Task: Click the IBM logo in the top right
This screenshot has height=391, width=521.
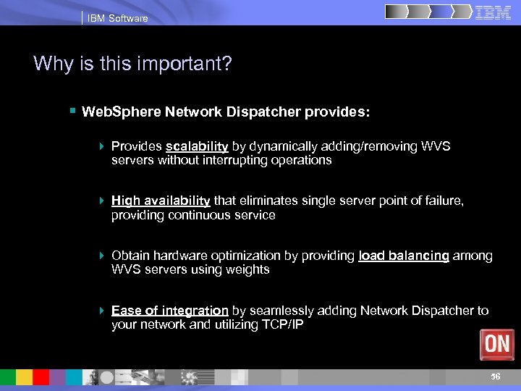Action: [x=494, y=12]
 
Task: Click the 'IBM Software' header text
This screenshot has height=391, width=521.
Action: [x=117, y=18]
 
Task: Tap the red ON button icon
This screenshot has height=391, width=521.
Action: [x=497, y=345]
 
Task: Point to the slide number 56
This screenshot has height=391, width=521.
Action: [x=495, y=377]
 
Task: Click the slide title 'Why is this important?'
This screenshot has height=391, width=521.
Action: [x=132, y=64]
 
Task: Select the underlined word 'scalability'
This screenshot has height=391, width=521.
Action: [x=197, y=146]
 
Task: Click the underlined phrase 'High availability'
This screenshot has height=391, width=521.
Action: [x=161, y=201]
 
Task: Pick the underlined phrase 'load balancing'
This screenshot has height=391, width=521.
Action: [x=404, y=256]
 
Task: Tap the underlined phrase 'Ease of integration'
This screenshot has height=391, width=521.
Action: [x=170, y=311]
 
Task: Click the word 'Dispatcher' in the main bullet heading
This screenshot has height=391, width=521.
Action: [x=278, y=112]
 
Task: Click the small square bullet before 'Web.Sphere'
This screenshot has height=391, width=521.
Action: [x=72, y=112]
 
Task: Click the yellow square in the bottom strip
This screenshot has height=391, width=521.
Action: [x=25, y=377]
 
